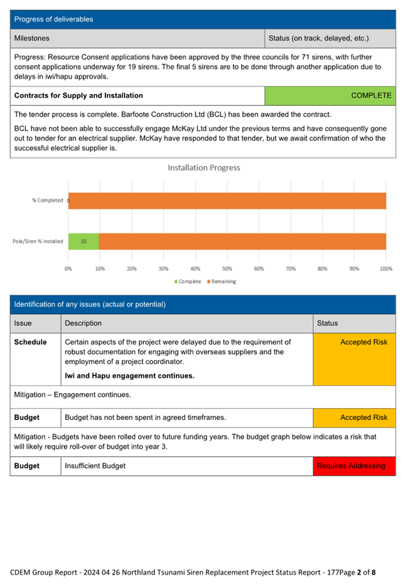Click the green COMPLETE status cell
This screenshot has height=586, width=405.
(x=330, y=96)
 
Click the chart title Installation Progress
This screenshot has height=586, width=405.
(x=204, y=168)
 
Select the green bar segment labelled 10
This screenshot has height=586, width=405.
(x=84, y=241)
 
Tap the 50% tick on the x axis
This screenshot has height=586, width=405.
(x=227, y=269)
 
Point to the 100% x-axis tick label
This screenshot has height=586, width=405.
(x=386, y=269)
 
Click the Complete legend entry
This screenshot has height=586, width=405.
(x=187, y=282)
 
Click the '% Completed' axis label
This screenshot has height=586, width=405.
(x=48, y=201)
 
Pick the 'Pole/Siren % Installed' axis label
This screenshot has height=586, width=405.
(x=38, y=241)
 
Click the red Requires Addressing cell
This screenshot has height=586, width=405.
(x=354, y=466)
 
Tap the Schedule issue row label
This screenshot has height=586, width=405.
(x=31, y=342)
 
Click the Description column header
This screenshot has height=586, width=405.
(x=84, y=323)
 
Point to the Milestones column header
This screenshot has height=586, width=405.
(x=32, y=39)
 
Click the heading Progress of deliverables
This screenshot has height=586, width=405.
(x=54, y=19)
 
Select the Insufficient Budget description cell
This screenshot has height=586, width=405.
(x=95, y=466)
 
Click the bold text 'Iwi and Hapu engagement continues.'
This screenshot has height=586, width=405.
(x=130, y=376)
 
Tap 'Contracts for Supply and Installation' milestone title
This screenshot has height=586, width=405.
(x=78, y=96)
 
